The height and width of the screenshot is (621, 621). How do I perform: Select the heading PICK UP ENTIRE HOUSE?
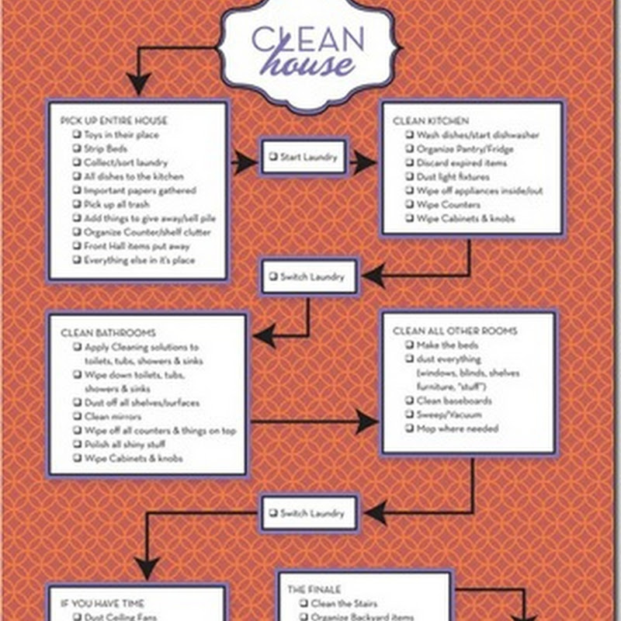(113, 120)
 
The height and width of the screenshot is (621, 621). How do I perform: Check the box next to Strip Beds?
(77, 148)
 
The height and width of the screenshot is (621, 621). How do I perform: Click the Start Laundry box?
(304, 158)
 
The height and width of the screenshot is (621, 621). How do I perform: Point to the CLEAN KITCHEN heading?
(431, 120)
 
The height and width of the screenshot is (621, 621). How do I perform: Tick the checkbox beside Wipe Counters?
(408, 205)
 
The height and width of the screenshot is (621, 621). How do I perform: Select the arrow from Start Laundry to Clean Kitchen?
(364, 163)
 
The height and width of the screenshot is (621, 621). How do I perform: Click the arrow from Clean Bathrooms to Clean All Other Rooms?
(314, 422)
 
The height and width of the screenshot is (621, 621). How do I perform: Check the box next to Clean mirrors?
(77, 417)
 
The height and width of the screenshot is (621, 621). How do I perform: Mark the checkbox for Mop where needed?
(408, 428)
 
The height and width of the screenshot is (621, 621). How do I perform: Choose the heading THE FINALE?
(314, 590)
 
